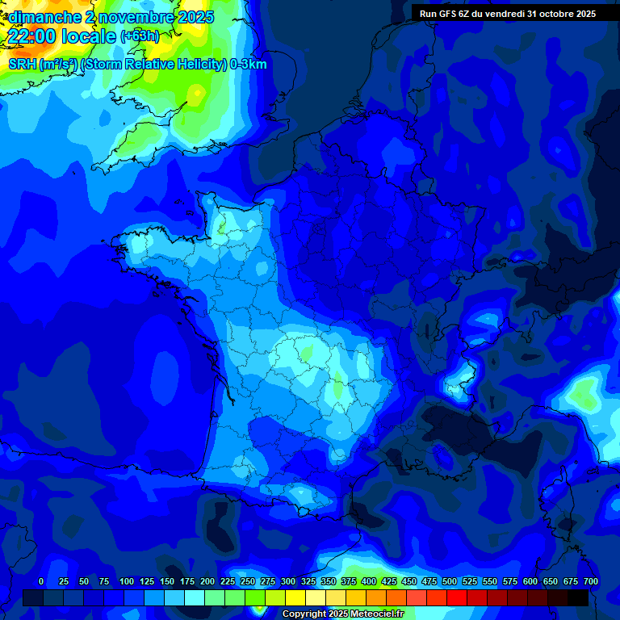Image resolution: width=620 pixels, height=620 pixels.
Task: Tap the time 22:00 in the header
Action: tap(32, 36)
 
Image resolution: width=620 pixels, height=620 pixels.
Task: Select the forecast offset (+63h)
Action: tap(140, 36)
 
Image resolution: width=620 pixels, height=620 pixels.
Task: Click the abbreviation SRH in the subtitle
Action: tap(23, 65)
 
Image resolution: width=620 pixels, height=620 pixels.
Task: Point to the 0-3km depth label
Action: tap(249, 65)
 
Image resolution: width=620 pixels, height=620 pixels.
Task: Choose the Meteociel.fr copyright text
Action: tap(343, 614)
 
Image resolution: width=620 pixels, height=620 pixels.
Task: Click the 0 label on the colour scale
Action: tap(41, 581)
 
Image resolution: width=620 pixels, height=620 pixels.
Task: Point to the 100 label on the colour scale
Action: tap(127, 581)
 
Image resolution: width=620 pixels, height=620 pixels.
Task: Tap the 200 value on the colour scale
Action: tap(207, 581)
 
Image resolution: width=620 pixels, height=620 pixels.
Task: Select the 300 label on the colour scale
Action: tap(288, 581)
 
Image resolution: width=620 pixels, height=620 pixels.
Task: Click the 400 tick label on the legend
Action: tap(369, 581)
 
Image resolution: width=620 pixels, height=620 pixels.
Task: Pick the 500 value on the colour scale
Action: tap(450, 581)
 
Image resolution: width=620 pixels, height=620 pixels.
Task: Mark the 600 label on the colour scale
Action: tap(530, 581)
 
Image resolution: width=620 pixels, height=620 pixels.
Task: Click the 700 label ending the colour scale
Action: tap(591, 581)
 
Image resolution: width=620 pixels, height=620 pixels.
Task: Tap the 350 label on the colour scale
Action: tap(329, 581)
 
